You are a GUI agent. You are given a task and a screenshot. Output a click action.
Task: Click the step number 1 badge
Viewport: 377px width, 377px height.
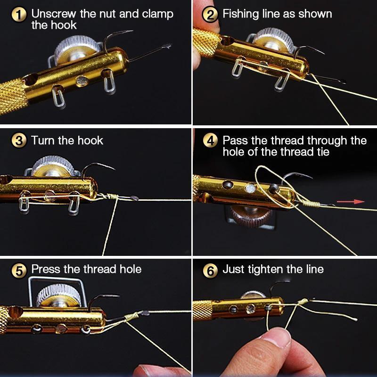click(19, 15)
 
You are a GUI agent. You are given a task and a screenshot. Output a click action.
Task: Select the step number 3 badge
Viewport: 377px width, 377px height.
click(19, 141)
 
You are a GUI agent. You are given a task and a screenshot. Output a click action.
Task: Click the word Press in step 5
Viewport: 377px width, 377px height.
click(46, 269)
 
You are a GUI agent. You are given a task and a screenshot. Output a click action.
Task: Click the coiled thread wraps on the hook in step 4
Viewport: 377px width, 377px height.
click(311, 203)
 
